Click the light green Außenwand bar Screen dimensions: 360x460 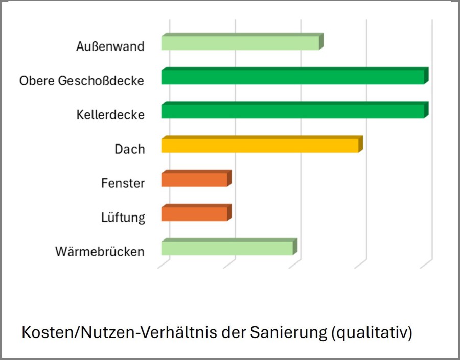click(240, 43)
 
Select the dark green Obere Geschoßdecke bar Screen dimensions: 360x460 click(292, 77)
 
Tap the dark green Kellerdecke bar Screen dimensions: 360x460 click(292, 111)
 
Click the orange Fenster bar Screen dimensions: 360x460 click(194, 180)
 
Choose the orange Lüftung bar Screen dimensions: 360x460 click(194, 214)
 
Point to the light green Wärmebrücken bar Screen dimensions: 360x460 click(227, 248)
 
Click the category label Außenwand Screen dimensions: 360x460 click(110, 46)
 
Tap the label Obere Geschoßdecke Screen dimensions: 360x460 click(82, 81)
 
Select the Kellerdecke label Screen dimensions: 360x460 click(107, 115)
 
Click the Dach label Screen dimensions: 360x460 click(130, 149)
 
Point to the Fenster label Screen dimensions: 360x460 click(123, 183)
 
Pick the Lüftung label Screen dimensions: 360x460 click(123, 218)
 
